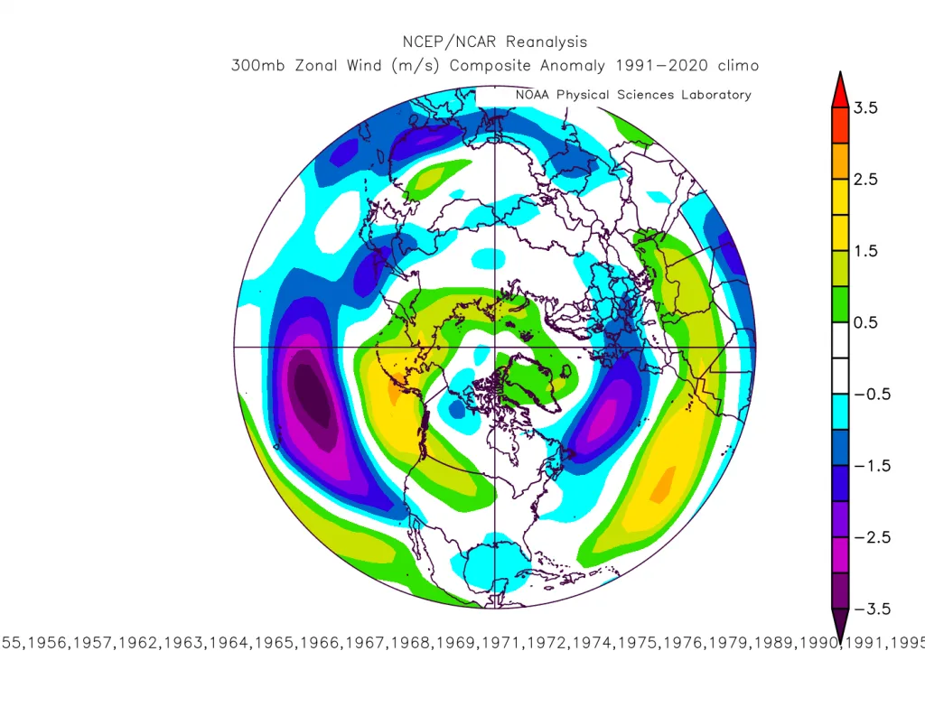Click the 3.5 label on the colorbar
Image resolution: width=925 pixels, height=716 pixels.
pyautogui.click(x=865, y=108)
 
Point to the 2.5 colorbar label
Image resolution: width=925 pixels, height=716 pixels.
pyautogui.click(x=865, y=180)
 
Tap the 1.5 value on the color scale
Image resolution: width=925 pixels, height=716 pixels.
pyautogui.click(x=865, y=251)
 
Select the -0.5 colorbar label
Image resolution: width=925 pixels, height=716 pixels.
pyautogui.click(x=872, y=394)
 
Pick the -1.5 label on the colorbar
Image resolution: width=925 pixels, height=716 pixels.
pyautogui.click(x=872, y=466)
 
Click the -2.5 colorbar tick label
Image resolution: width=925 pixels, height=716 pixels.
pyautogui.click(x=872, y=537)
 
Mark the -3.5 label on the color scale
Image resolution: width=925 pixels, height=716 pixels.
pyautogui.click(x=872, y=609)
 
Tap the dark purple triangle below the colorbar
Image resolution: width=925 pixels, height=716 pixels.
pyautogui.click(x=840, y=622)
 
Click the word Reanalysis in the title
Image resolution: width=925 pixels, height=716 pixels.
pyautogui.click(x=547, y=42)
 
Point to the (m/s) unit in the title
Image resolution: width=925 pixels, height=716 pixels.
pyautogui.click(x=416, y=65)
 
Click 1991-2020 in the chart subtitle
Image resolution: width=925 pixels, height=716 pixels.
pyautogui.click(x=661, y=65)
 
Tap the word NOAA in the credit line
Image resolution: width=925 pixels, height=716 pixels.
pyautogui.click(x=532, y=95)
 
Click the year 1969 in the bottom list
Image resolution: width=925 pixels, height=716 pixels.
pyautogui.click(x=455, y=642)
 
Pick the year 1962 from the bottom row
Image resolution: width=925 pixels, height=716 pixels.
pyautogui.click(x=137, y=642)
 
